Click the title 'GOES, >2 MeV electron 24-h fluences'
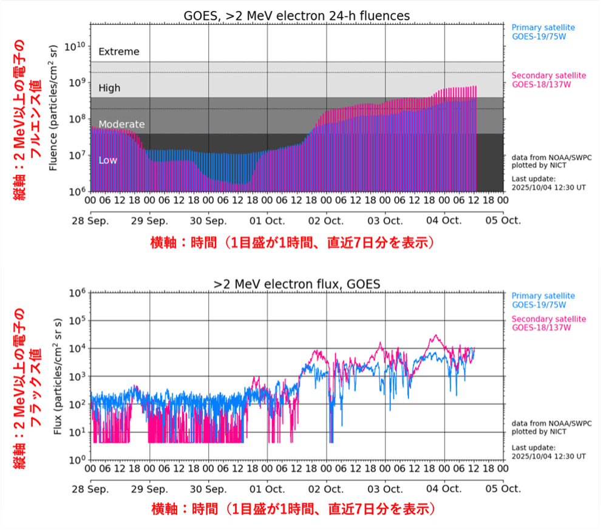297,15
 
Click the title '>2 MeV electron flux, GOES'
297,283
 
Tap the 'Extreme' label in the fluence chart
118,52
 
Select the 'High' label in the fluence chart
109,88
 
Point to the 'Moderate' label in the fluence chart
121,124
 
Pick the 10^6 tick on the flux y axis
76,293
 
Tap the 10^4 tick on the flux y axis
76,349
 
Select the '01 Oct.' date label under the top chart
267,220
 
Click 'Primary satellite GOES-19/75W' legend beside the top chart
543,32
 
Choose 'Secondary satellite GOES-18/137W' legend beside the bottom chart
549,324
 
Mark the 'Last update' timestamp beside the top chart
548,183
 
